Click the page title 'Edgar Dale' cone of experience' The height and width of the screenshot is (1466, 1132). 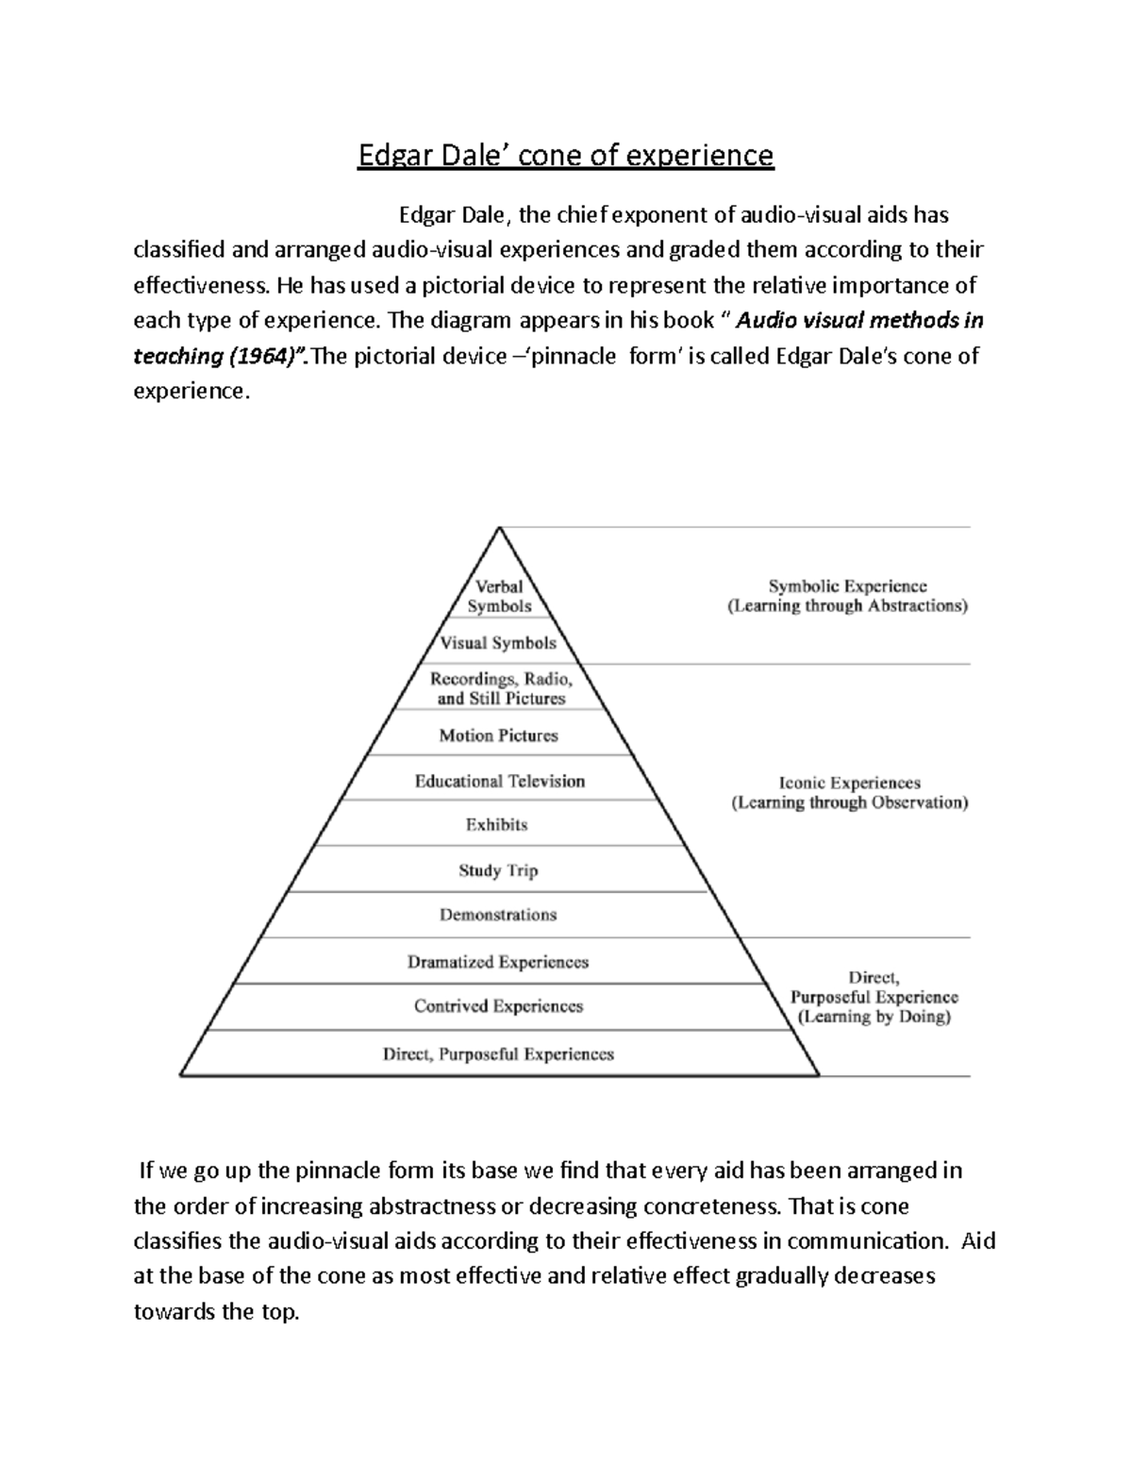tap(565, 155)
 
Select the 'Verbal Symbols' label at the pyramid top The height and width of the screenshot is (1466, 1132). tap(499, 597)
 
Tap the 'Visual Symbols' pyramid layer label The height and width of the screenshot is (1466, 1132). tap(498, 643)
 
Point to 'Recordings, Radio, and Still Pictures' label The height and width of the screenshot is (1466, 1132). tap(501, 688)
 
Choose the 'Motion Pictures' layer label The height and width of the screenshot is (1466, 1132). tap(498, 735)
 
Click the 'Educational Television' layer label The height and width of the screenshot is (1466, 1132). tap(500, 781)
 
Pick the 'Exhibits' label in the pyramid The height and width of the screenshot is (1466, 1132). tap(496, 825)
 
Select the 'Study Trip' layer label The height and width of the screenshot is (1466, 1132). tap(498, 870)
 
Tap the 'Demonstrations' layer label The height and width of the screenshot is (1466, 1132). tap(498, 915)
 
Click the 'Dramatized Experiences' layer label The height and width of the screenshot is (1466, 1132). tap(498, 962)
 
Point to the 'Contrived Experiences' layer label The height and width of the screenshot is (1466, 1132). tap(498, 1006)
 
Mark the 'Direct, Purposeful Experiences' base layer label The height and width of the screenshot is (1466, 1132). tap(498, 1054)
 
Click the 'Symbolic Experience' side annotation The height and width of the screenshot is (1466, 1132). tap(847, 586)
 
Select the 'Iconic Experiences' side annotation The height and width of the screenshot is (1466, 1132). tap(849, 783)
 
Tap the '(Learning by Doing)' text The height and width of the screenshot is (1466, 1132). tap(874, 1017)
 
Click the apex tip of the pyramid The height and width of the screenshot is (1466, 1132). tap(499, 529)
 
